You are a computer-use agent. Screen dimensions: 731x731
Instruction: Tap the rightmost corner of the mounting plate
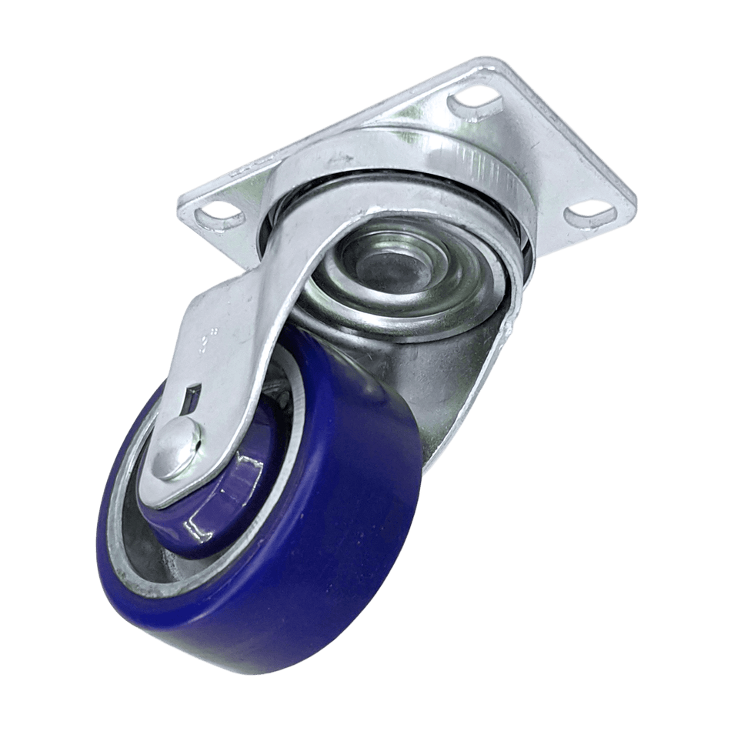pyautogui.click(x=635, y=202)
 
